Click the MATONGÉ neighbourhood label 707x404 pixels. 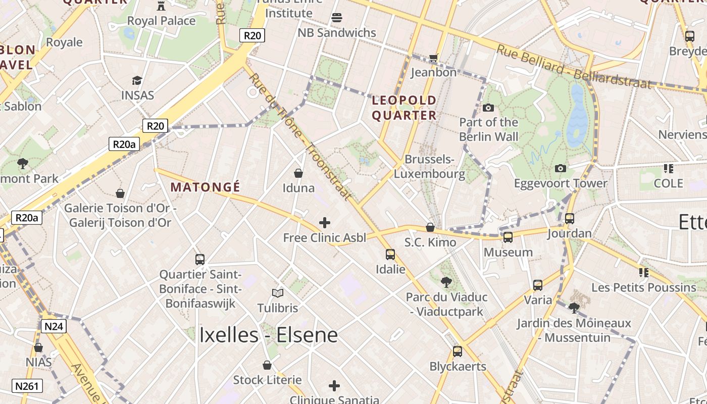pyautogui.click(x=205, y=187)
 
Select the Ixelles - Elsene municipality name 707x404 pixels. pyautogui.click(x=268, y=335)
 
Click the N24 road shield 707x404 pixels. pyautogui.click(x=54, y=326)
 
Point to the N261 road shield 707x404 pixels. pyautogui.click(x=27, y=386)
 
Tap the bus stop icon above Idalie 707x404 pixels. pyautogui.click(x=390, y=254)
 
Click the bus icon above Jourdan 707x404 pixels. pyautogui.click(x=570, y=219)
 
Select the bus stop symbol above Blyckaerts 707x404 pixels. pyautogui.click(x=458, y=351)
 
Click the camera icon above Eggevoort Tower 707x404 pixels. pyautogui.click(x=561, y=168)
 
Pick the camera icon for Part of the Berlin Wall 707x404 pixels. pyautogui.click(x=488, y=108)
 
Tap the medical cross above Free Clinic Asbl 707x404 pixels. pyautogui.click(x=325, y=222)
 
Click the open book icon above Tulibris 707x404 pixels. pyautogui.click(x=277, y=293)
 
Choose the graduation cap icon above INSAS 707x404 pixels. pyautogui.click(x=137, y=80)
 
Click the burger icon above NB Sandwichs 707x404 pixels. pyautogui.click(x=337, y=18)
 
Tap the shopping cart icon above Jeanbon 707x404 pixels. pyautogui.click(x=433, y=58)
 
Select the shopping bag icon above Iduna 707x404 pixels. pyautogui.click(x=298, y=173)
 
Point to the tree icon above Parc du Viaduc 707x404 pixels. pyautogui.click(x=446, y=282)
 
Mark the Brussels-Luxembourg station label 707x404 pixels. pyautogui.click(x=429, y=167)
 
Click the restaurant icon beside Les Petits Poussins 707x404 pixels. pyautogui.click(x=643, y=273)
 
